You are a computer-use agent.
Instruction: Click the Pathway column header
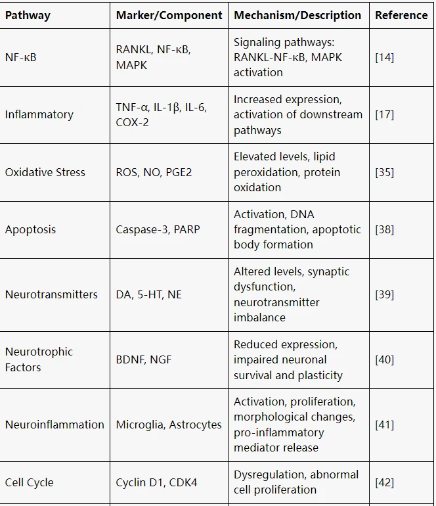tap(28, 15)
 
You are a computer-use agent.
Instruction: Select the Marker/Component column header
tap(169, 15)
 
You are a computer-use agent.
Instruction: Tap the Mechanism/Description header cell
tap(297, 15)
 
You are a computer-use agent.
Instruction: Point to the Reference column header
tap(401, 15)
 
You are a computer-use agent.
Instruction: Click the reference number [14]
tap(384, 57)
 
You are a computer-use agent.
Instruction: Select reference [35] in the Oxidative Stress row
tap(384, 172)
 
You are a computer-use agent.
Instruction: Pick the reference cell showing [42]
tap(384, 482)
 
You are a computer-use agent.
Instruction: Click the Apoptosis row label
tap(30, 229)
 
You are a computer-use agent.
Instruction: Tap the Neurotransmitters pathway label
tap(51, 294)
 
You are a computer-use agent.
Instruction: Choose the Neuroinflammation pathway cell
tap(54, 425)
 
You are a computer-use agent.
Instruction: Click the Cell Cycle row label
tap(29, 482)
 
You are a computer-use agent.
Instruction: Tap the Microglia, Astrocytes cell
tap(169, 425)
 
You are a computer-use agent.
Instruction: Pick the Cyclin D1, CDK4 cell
tap(156, 482)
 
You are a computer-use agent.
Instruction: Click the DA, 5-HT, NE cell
tap(148, 294)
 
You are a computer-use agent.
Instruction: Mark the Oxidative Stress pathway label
tap(45, 172)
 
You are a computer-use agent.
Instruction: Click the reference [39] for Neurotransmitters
tap(384, 294)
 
